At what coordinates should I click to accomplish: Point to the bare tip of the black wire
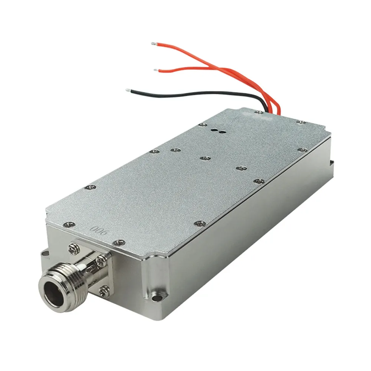128,90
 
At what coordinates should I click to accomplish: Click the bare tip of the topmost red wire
153,44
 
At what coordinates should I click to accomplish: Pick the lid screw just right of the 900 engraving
118,242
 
